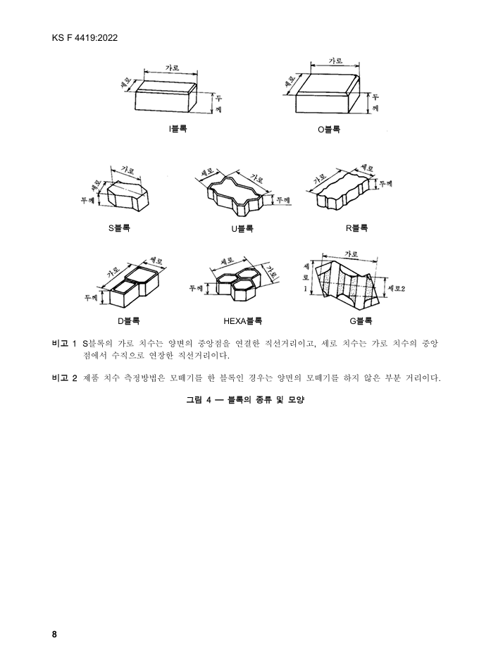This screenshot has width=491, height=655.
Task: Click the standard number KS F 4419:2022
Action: tap(85, 38)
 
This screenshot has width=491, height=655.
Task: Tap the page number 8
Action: tap(54, 634)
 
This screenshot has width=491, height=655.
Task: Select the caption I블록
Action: tap(178, 129)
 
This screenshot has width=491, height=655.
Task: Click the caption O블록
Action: tap(329, 130)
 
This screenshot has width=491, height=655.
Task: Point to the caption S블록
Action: tap(120, 228)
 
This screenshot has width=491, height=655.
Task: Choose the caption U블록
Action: tap(242, 228)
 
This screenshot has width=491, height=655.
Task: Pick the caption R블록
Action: tap(356, 228)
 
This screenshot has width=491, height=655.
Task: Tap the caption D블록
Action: tap(128, 321)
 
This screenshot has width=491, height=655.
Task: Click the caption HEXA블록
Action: tap(243, 321)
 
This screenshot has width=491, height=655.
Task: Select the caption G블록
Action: tap(361, 321)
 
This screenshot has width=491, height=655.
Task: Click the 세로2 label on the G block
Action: tap(396, 288)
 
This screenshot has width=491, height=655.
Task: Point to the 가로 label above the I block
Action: tap(172, 67)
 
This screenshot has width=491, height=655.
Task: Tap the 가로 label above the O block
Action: tap(335, 61)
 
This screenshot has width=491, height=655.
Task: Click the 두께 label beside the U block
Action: tap(283, 200)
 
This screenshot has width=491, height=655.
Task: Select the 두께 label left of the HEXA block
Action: tap(196, 288)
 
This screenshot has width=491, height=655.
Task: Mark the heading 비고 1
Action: tap(65, 344)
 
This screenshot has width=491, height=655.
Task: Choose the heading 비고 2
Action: tap(65, 378)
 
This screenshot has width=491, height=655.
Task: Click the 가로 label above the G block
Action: tap(351, 254)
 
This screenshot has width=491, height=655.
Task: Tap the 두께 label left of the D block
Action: tap(91, 297)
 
